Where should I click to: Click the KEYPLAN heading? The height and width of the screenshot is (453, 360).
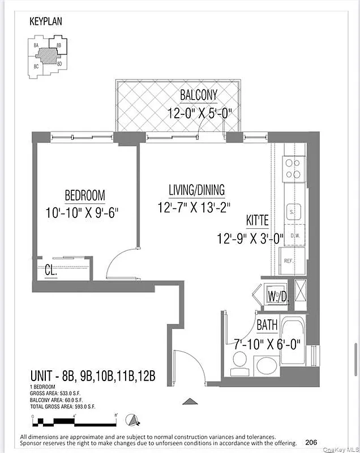[x=45, y=22]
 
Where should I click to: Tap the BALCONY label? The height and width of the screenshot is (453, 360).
[x=199, y=95]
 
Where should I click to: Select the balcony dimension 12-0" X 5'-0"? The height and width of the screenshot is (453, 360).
[x=200, y=113]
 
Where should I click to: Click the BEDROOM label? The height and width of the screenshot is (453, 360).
[x=85, y=196]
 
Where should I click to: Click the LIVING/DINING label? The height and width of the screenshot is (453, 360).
[x=196, y=190]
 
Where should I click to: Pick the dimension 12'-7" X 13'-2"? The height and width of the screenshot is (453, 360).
[x=194, y=208]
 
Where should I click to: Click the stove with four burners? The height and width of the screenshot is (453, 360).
[x=294, y=168]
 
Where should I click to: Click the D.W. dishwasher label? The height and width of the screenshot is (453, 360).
[x=294, y=235]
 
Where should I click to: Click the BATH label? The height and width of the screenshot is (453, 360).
[x=267, y=326]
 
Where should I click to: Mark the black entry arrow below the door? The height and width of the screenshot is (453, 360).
[x=190, y=401]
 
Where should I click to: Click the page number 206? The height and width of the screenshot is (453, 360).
[x=311, y=442]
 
